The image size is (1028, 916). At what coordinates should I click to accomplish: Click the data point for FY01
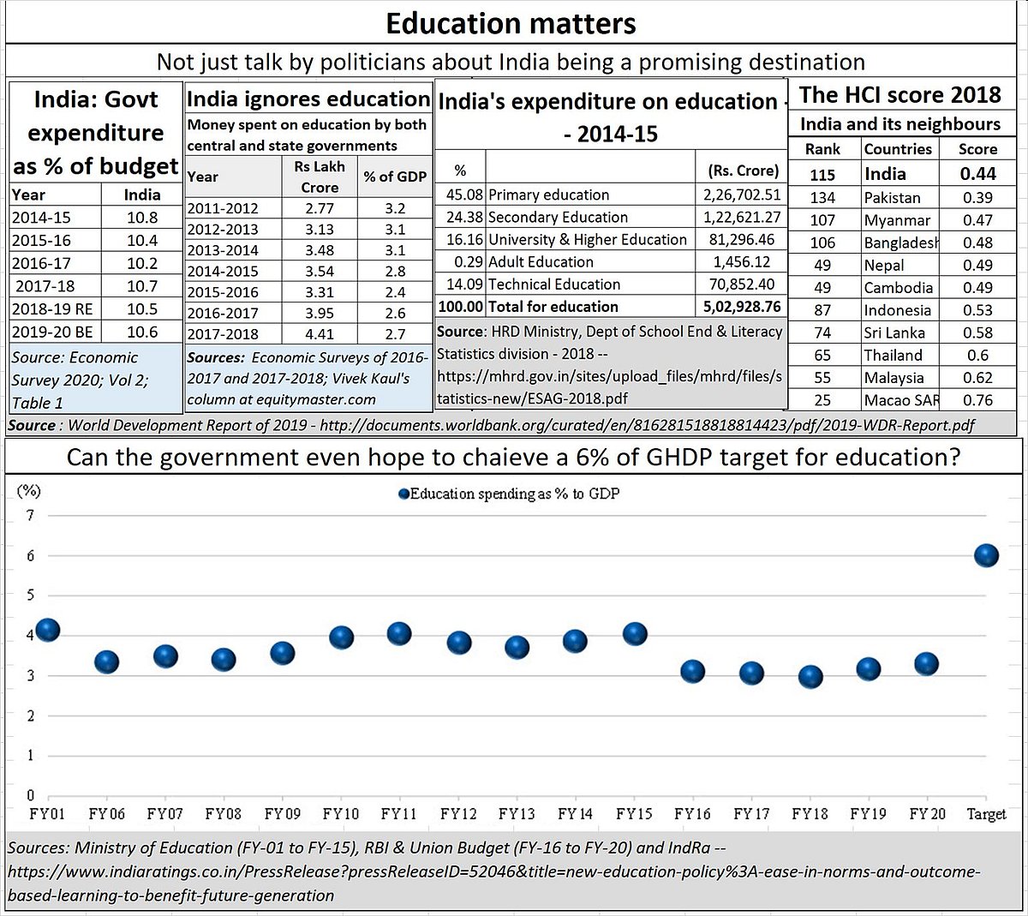[x=47, y=630]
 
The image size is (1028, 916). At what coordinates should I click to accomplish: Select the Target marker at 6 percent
[x=986, y=555]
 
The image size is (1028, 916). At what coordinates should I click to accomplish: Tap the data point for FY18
[x=810, y=677]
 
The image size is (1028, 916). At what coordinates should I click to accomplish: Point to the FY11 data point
[x=399, y=634]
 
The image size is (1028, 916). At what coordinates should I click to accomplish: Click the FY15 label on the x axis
[x=634, y=813]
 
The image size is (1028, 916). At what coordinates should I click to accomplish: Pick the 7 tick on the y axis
[x=31, y=515]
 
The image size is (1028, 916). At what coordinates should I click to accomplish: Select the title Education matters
[x=511, y=23]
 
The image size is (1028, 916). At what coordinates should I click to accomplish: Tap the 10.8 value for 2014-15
[x=142, y=218]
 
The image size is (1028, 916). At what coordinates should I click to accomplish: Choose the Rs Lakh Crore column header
[x=320, y=177]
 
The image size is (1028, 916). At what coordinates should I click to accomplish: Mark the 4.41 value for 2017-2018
[x=320, y=334]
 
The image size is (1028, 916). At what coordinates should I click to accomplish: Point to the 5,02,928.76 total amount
[x=741, y=307]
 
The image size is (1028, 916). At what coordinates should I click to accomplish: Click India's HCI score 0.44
[x=977, y=174]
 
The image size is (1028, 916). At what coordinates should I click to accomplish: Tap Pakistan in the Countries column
[x=892, y=197]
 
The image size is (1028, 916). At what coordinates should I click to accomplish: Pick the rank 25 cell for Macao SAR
[x=822, y=400]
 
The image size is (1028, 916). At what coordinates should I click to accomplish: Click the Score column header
[x=977, y=149]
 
